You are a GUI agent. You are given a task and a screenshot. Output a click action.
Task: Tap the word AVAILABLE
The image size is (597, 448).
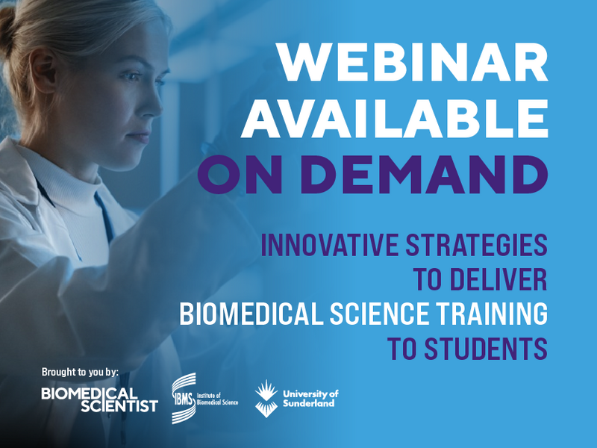point(396,119)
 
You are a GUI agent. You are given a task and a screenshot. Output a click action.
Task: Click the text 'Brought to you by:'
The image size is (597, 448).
point(81,372)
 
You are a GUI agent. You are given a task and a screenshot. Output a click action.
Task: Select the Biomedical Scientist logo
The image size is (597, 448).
point(99,399)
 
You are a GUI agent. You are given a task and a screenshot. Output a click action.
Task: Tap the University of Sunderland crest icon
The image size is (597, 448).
point(266,396)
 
